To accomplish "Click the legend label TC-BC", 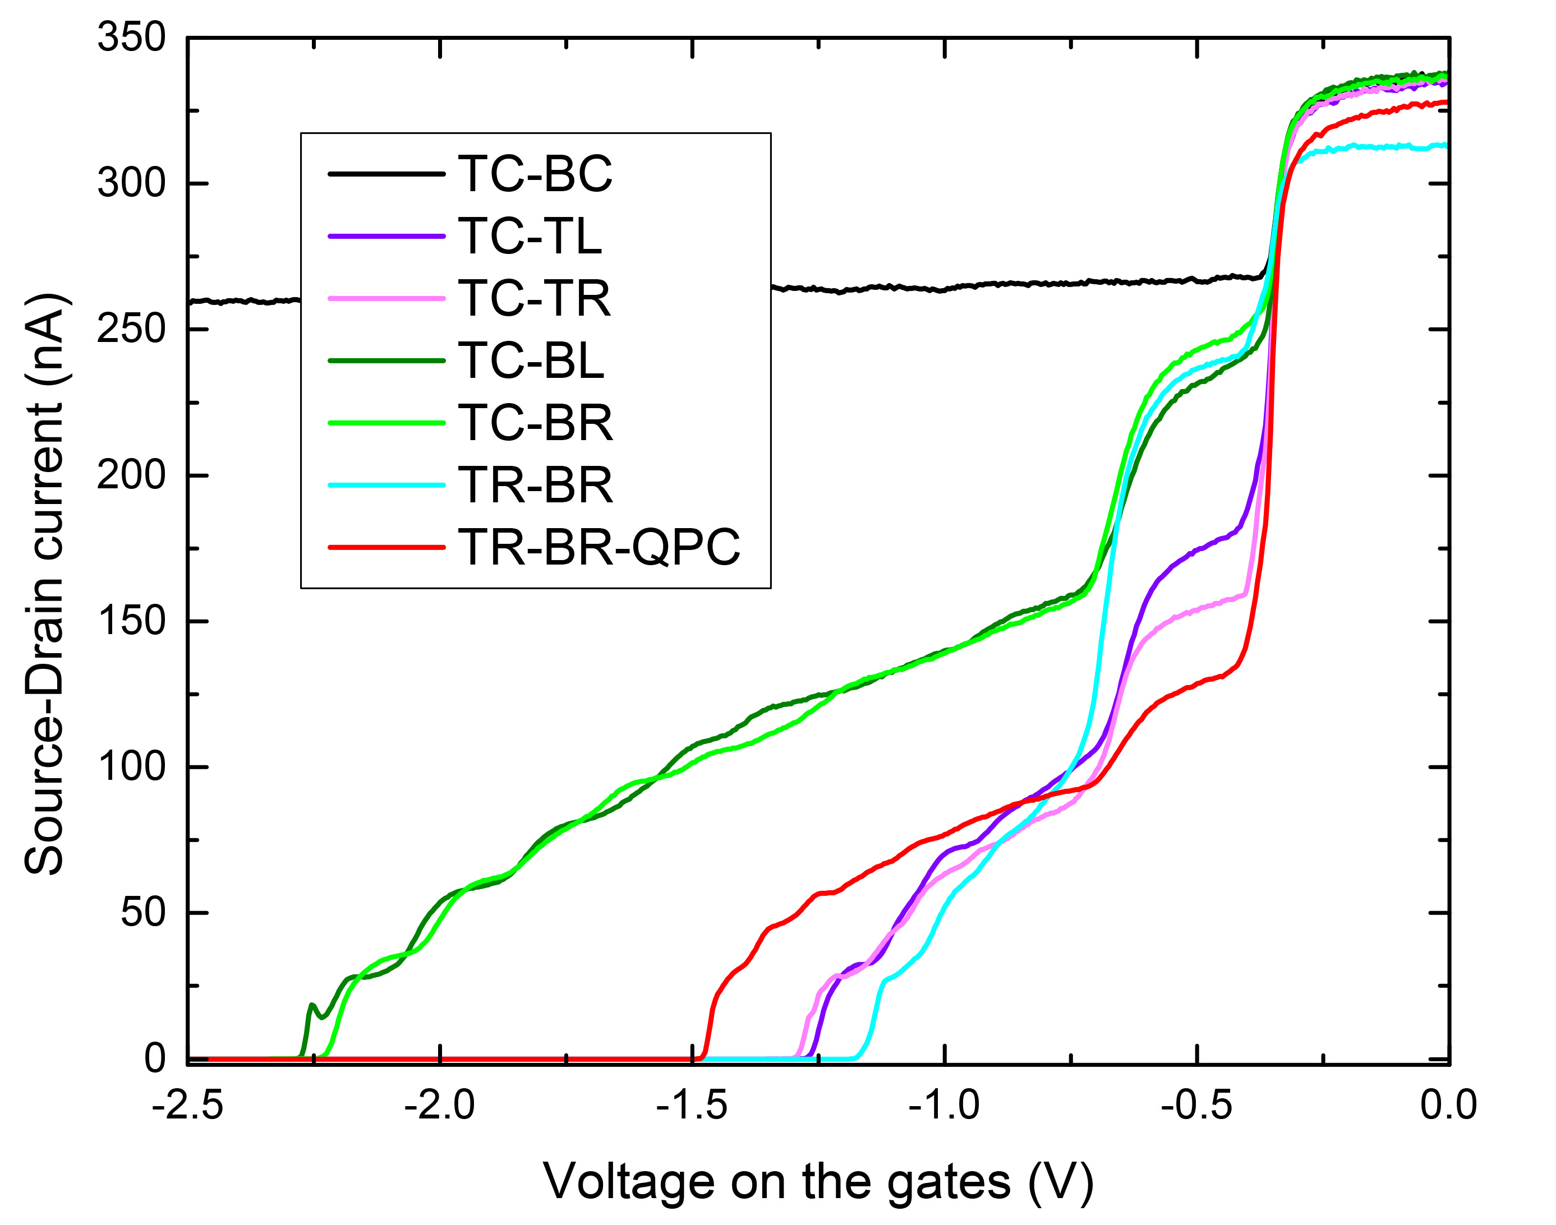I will tap(535, 174).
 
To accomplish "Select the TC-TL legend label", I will tap(530, 236).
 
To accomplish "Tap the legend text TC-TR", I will tap(534, 298).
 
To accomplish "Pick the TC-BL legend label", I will tap(530, 360).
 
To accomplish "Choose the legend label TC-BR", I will tap(535, 423).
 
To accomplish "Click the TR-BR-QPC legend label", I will tap(599, 547).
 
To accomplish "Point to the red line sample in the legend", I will tap(386, 548).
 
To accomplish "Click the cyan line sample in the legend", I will tap(386, 486).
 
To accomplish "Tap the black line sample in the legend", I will tap(386, 174).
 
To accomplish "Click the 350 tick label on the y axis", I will tap(131, 38).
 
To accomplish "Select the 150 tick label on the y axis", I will tap(131, 621).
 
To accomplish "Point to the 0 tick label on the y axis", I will tap(154, 1058).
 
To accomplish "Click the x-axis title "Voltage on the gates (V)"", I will tap(818, 1182).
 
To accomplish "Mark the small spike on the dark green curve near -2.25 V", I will tap(311, 1006).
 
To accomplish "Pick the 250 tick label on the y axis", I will tap(131, 329).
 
